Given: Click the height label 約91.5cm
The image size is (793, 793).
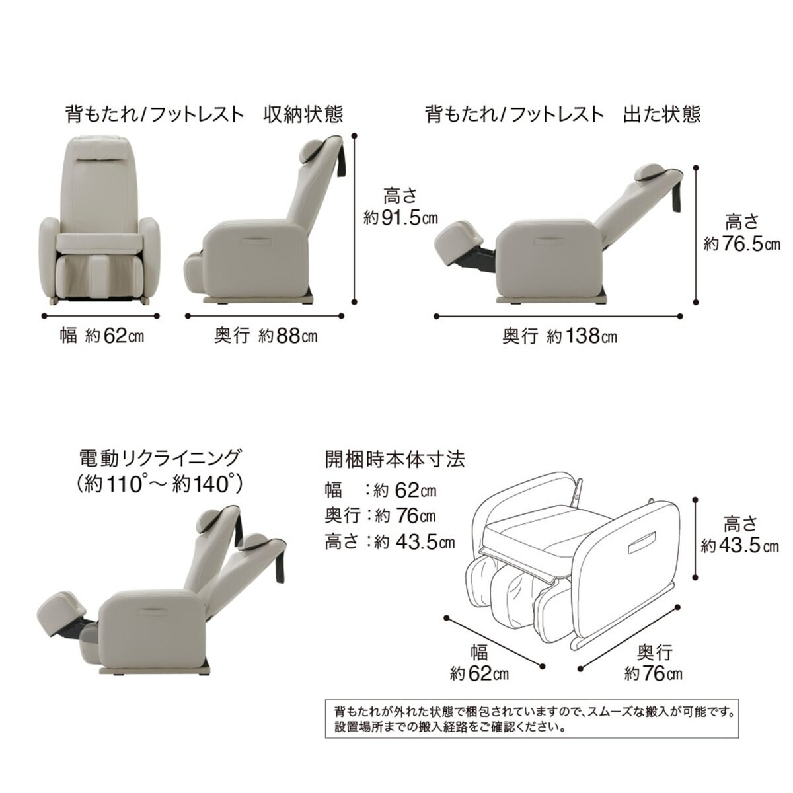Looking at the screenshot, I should click(x=401, y=218).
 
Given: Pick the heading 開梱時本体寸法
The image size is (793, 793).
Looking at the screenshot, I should click(x=395, y=459).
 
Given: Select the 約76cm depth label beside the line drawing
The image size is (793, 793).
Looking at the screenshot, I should click(x=653, y=673).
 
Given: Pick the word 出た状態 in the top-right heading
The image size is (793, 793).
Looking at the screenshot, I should click(x=661, y=114).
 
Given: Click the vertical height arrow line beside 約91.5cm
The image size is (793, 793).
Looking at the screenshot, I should click(x=355, y=218).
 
